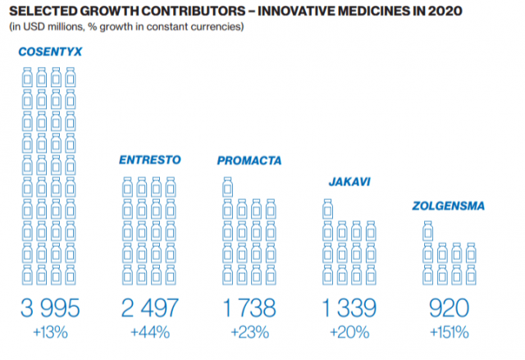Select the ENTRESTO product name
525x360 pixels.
[148, 160]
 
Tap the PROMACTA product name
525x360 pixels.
[249, 160]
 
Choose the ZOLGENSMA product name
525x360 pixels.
[449, 204]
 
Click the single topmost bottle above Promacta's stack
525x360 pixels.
[226, 188]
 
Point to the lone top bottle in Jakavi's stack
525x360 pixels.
[326, 210]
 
